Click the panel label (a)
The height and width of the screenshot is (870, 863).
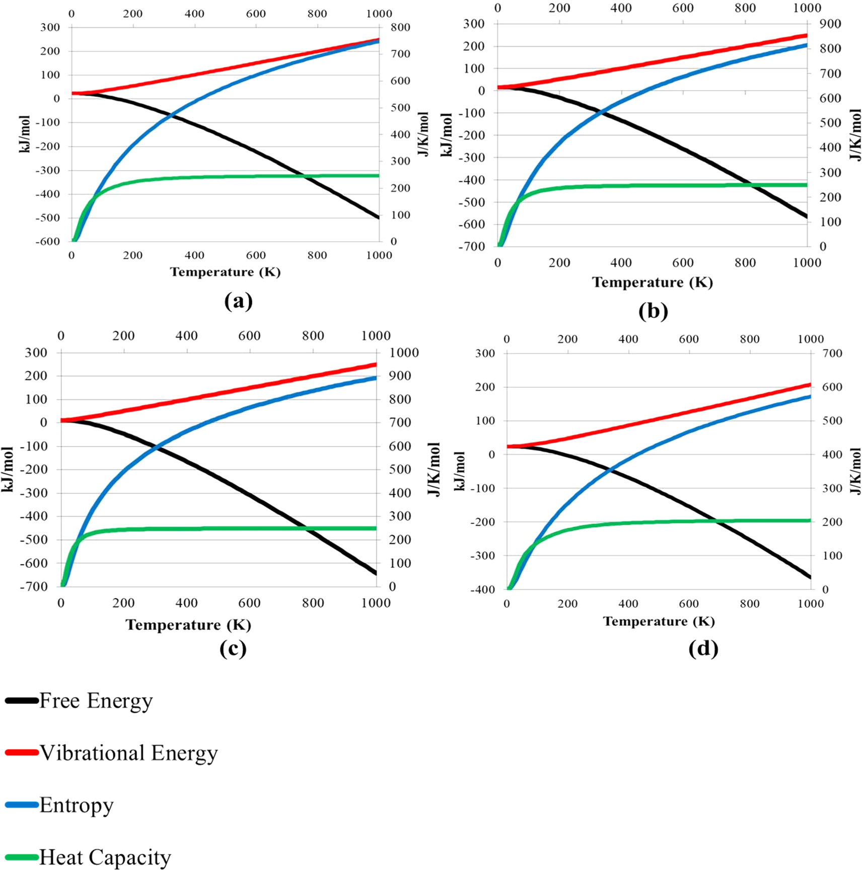(238, 301)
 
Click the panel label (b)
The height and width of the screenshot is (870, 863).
(653, 311)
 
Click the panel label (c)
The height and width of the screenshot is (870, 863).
(233, 648)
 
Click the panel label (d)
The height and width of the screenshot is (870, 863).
(703, 648)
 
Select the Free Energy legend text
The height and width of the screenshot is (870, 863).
(96, 700)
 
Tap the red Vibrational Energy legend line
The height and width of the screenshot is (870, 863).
(22, 753)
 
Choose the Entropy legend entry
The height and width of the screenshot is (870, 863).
(76, 805)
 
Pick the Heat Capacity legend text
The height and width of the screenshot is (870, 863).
(105, 857)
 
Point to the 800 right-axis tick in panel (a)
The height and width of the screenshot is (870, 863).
(400, 27)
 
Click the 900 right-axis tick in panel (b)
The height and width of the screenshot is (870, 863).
(830, 24)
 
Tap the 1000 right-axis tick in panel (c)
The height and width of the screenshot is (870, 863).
(404, 352)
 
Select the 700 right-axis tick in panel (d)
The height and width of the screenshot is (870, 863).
(832, 353)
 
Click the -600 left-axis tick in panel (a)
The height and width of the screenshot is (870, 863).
(47, 241)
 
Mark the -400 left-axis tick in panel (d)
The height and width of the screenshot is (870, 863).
(483, 589)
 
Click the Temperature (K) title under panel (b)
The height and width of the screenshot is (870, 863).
(652, 282)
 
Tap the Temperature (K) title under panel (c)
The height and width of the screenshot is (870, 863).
(188, 625)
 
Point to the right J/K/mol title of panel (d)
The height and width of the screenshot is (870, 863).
(855, 471)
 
